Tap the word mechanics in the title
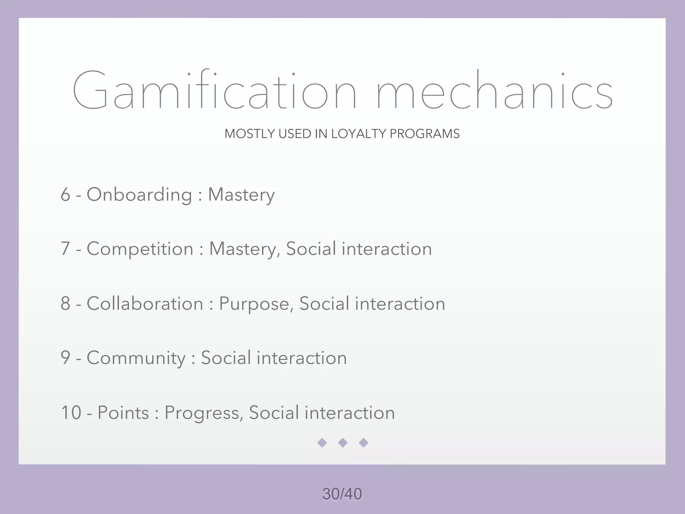click(494, 90)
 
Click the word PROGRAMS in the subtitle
click(424, 134)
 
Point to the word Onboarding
click(139, 194)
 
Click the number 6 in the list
click(65, 194)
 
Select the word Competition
click(140, 249)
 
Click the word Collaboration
click(145, 304)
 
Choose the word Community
click(136, 358)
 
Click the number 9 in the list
click(65, 358)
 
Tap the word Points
click(123, 413)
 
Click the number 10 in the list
click(71, 412)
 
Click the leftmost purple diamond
click(322, 443)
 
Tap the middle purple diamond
click(343, 443)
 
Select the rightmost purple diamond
click(364, 443)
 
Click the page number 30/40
click(342, 494)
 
